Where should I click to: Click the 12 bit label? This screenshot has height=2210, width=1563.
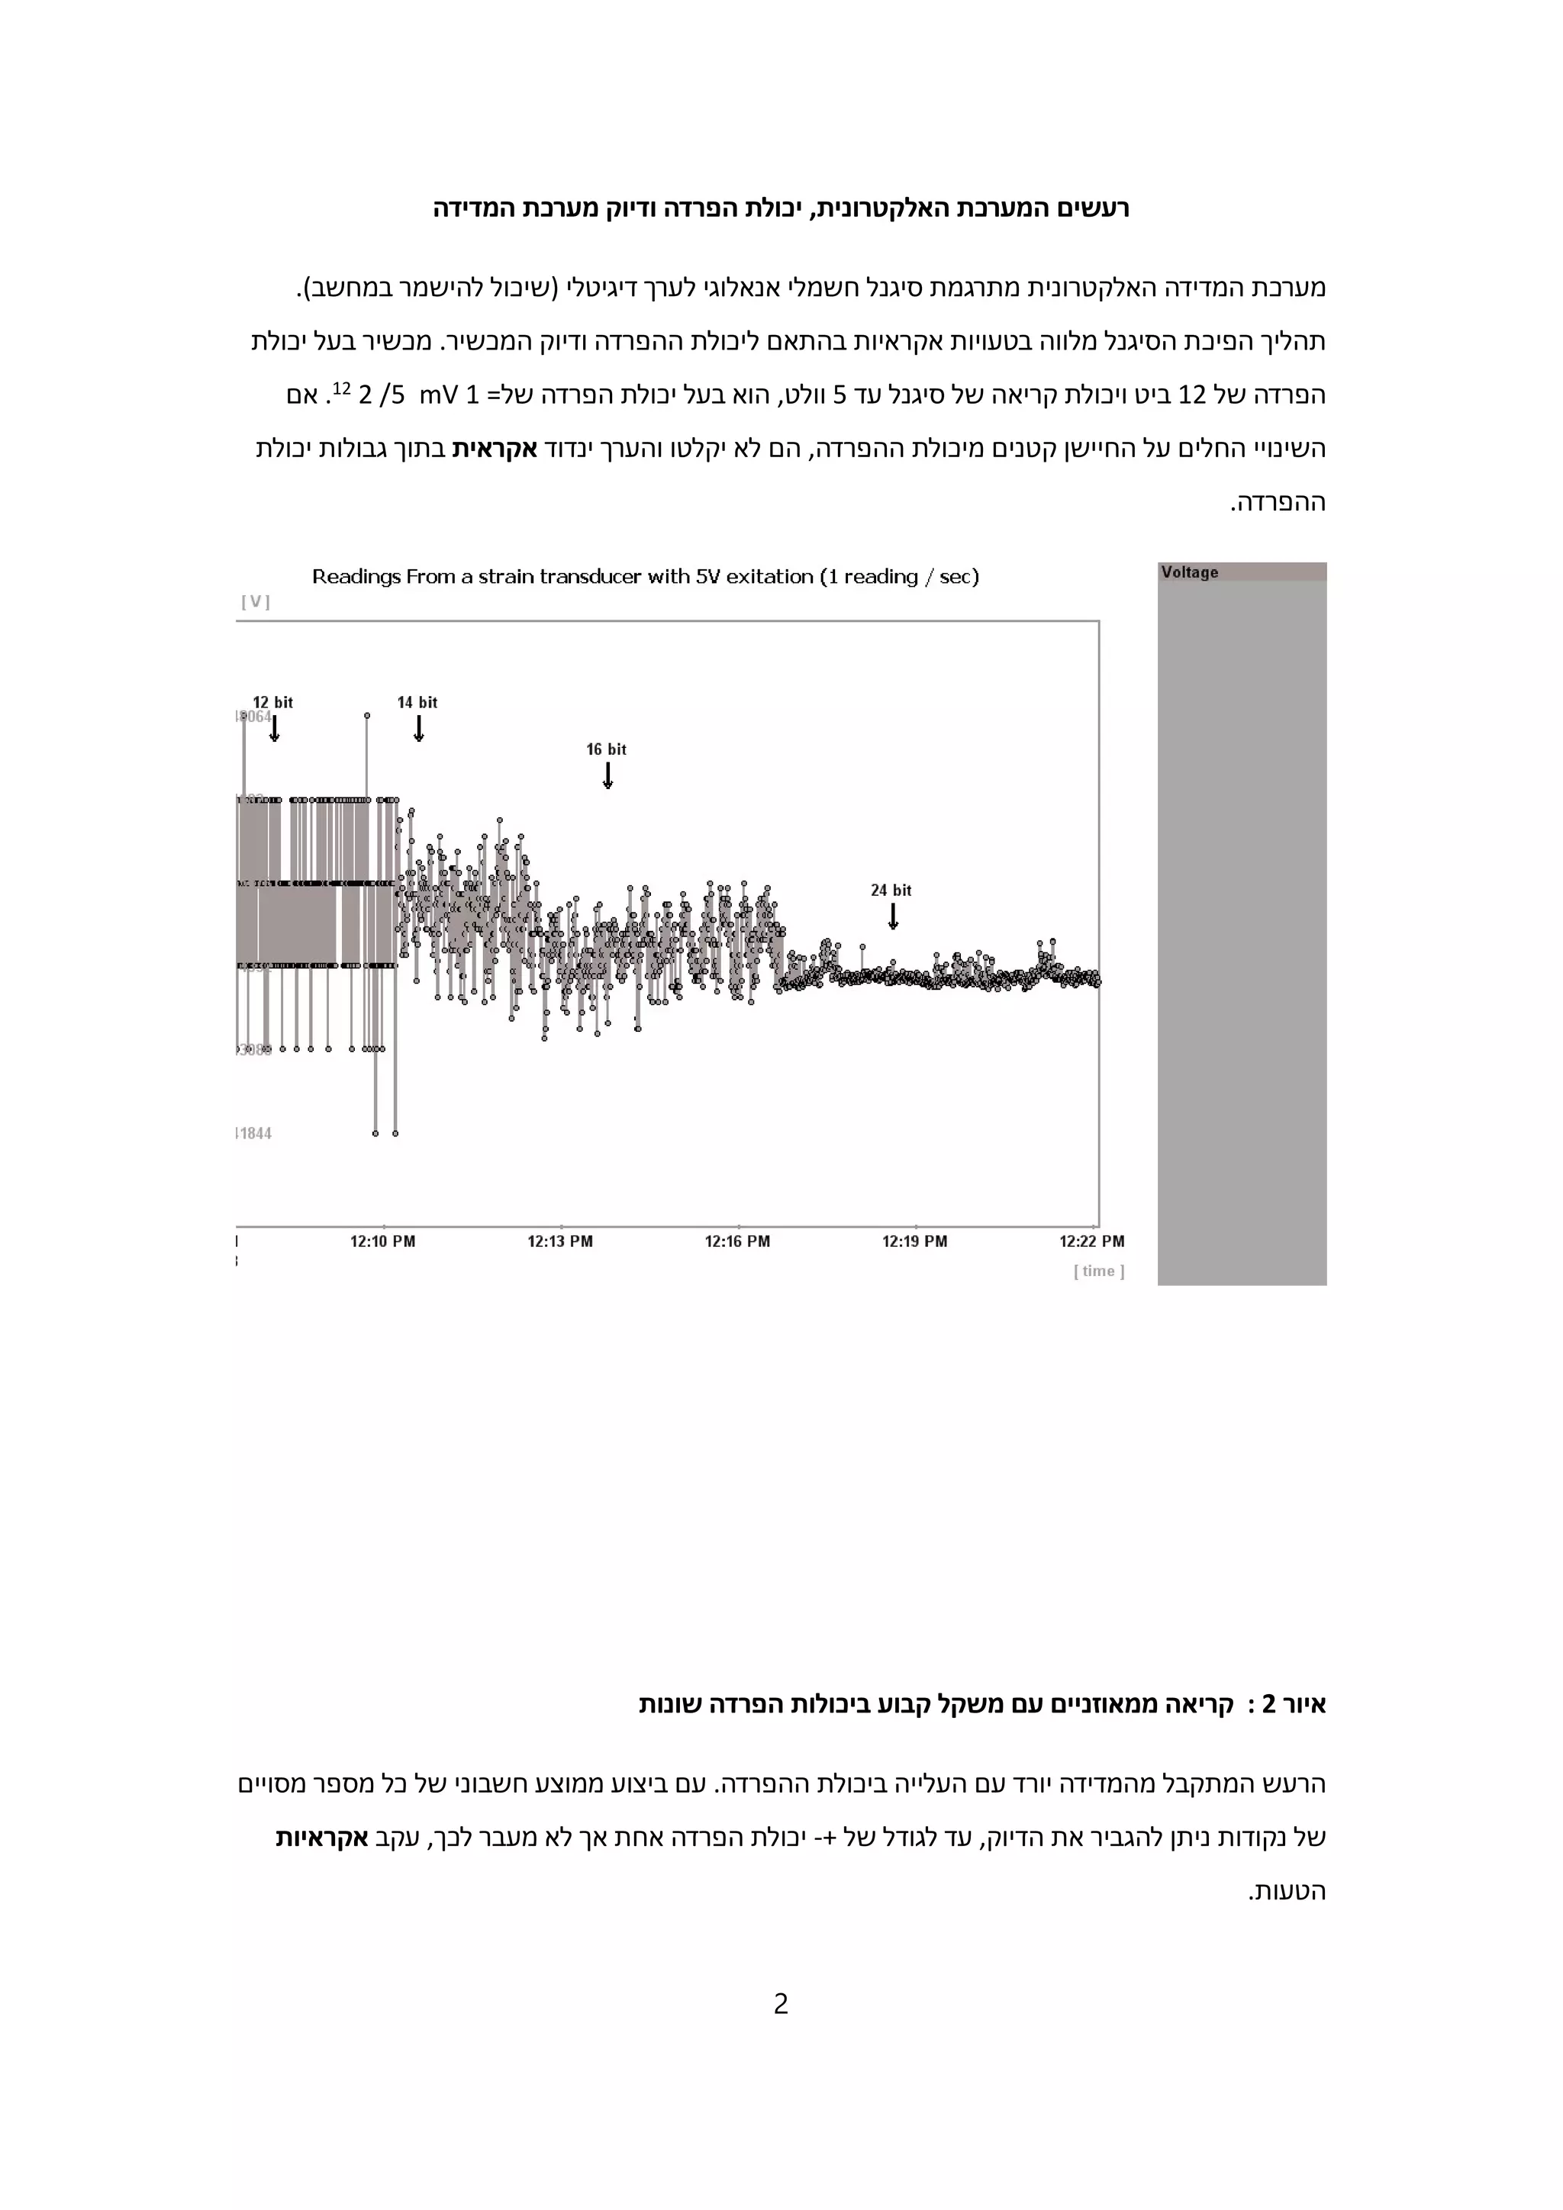272,703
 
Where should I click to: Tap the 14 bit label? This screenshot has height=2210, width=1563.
417,703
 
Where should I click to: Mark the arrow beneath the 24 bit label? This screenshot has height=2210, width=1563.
893,917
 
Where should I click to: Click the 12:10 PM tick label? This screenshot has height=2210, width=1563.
382,1242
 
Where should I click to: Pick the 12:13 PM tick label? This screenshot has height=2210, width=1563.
559,1242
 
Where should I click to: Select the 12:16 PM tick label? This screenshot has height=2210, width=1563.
737,1242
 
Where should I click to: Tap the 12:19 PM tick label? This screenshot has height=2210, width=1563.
914,1242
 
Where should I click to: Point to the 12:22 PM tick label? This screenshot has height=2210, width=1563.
1091,1242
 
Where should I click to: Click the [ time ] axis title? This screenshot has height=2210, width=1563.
1099,1271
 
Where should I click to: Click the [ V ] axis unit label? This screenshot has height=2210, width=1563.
255,601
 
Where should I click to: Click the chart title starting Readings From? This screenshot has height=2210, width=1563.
645,577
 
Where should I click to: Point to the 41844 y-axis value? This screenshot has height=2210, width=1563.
255,1133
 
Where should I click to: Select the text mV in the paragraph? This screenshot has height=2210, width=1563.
437,395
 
